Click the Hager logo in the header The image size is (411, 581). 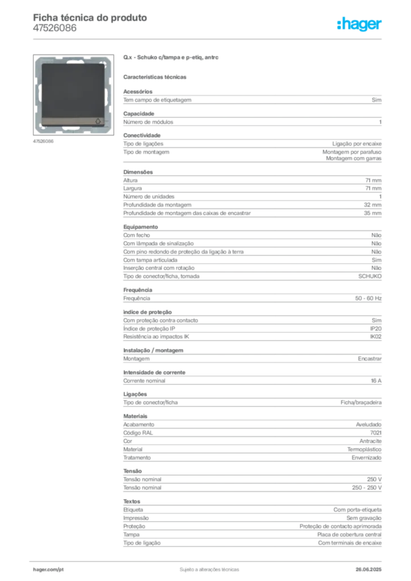[x=359, y=24]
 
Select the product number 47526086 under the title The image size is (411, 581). [x=55, y=28]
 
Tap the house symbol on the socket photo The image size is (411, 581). [x=98, y=121]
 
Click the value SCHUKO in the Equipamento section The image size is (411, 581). [x=370, y=276]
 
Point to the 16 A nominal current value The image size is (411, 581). [x=376, y=381]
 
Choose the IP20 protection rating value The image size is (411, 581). [x=376, y=329]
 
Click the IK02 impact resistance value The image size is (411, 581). [x=376, y=336]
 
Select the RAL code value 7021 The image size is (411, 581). [x=376, y=433]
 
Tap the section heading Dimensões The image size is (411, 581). [x=138, y=172]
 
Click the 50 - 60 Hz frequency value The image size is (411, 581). [x=368, y=298]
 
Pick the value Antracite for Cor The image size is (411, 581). [x=371, y=441]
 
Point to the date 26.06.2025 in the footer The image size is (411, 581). [x=368, y=570]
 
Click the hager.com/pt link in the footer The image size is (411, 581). [x=48, y=570]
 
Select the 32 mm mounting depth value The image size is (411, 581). [x=372, y=205]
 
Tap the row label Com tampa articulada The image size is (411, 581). [x=150, y=260]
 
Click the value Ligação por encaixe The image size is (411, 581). [x=357, y=144]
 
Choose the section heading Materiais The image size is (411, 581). [x=135, y=416]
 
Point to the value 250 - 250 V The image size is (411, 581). [x=367, y=487]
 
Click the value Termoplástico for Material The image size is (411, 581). [x=364, y=449]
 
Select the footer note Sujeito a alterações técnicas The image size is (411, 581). [x=209, y=570]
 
